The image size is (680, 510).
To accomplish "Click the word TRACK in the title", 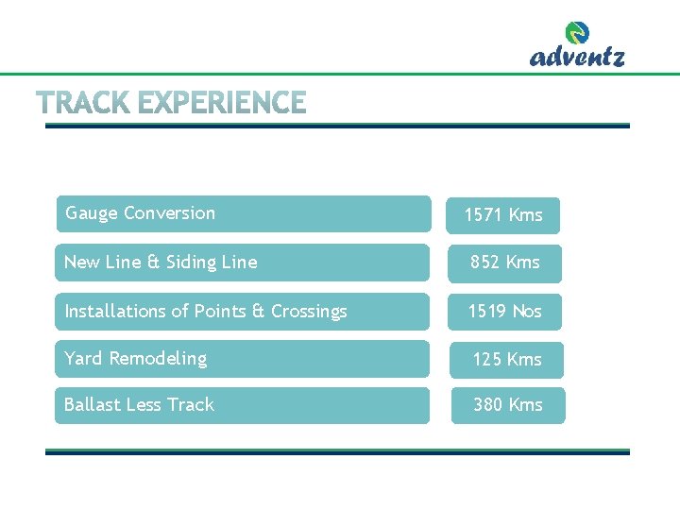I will [x=83, y=103].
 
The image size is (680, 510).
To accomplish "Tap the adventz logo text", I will [x=577, y=57].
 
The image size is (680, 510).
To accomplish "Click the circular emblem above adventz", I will [x=577, y=33].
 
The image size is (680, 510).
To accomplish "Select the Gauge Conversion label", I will [x=140, y=213].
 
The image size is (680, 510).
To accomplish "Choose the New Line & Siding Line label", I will [x=161, y=263].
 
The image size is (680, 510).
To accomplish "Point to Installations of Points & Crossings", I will [x=205, y=312].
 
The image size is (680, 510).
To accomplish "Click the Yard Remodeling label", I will [x=135, y=359].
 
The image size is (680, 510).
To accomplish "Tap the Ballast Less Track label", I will [x=139, y=405].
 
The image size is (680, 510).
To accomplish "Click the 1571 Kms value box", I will [x=503, y=215].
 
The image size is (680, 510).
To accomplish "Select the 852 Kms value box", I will [x=505, y=263].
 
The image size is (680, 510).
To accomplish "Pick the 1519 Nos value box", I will [x=505, y=312].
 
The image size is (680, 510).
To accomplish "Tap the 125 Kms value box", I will [x=507, y=360].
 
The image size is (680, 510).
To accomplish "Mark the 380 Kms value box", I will [x=508, y=405].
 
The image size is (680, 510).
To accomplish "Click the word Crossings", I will [x=309, y=312].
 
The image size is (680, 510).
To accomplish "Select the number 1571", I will [x=483, y=215].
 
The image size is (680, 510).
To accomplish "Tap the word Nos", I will [x=526, y=312].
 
